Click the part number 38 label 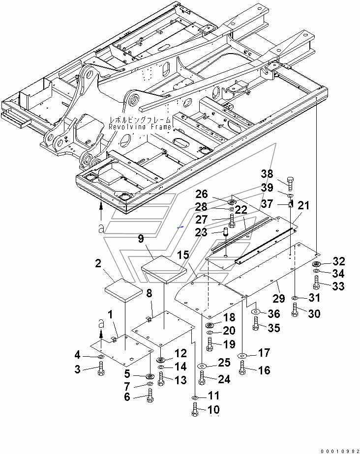coord(267,174)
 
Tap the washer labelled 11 coord(195,397)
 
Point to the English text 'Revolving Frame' coord(140,127)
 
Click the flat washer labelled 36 coord(255,312)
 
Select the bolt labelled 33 coord(316,283)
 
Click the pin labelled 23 coord(226,232)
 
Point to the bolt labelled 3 coord(101,369)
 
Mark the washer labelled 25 coord(202,366)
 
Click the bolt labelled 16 coord(242,368)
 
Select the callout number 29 coord(279,298)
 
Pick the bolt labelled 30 coord(295,310)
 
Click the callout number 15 coord(183,255)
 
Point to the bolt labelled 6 coord(150,396)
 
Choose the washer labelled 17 coord(242,356)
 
